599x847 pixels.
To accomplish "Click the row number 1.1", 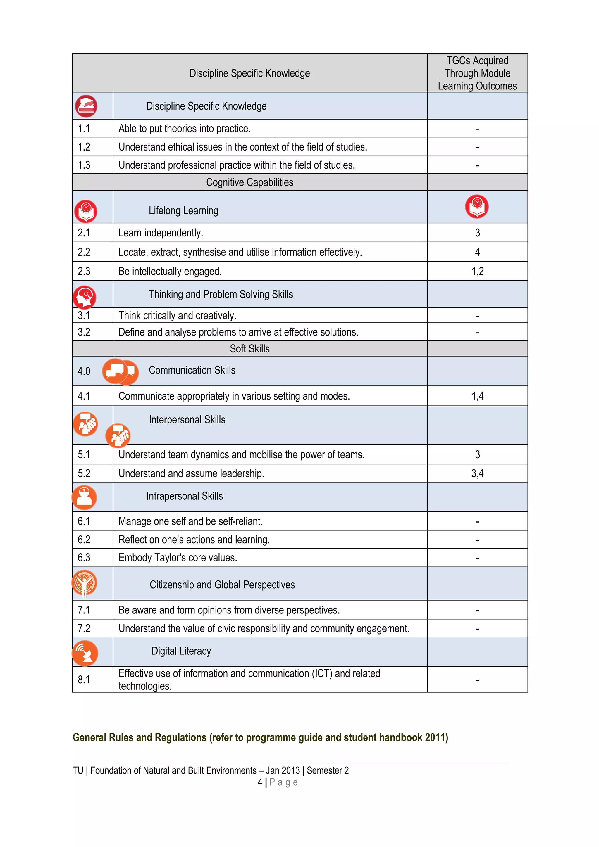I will (x=84, y=129).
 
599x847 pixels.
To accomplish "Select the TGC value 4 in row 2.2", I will (x=477, y=252).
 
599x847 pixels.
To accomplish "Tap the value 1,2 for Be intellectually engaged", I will (x=477, y=272).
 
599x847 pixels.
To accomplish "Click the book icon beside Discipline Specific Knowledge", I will (x=86, y=106).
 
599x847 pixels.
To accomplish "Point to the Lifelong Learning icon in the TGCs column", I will (x=476, y=207).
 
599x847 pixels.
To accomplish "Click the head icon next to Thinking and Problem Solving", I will (x=85, y=297).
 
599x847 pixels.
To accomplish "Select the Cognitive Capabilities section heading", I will (x=249, y=182).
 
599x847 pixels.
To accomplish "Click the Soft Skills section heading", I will (x=249, y=349).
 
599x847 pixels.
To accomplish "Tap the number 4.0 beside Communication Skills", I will (x=84, y=371).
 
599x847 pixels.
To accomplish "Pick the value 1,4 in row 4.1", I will (x=477, y=396).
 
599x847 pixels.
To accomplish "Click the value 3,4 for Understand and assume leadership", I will (x=477, y=474).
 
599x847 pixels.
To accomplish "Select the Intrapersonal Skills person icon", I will (x=85, y=497).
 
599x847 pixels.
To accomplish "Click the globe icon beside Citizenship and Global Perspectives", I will (x=85, y=583).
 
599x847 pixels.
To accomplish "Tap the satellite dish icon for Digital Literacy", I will (x=85, y=653).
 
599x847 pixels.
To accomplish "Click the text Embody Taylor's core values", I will (x=178, y=557).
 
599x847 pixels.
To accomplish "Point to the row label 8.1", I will (x=84, y=680).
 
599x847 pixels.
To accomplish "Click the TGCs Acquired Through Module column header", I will (x=477, y=73).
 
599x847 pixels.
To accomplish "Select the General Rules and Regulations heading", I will (x=260, y=737).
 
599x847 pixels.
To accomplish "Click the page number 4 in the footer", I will (x=260, y=782).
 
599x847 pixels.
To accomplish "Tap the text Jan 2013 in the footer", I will (x=283, y=770).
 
